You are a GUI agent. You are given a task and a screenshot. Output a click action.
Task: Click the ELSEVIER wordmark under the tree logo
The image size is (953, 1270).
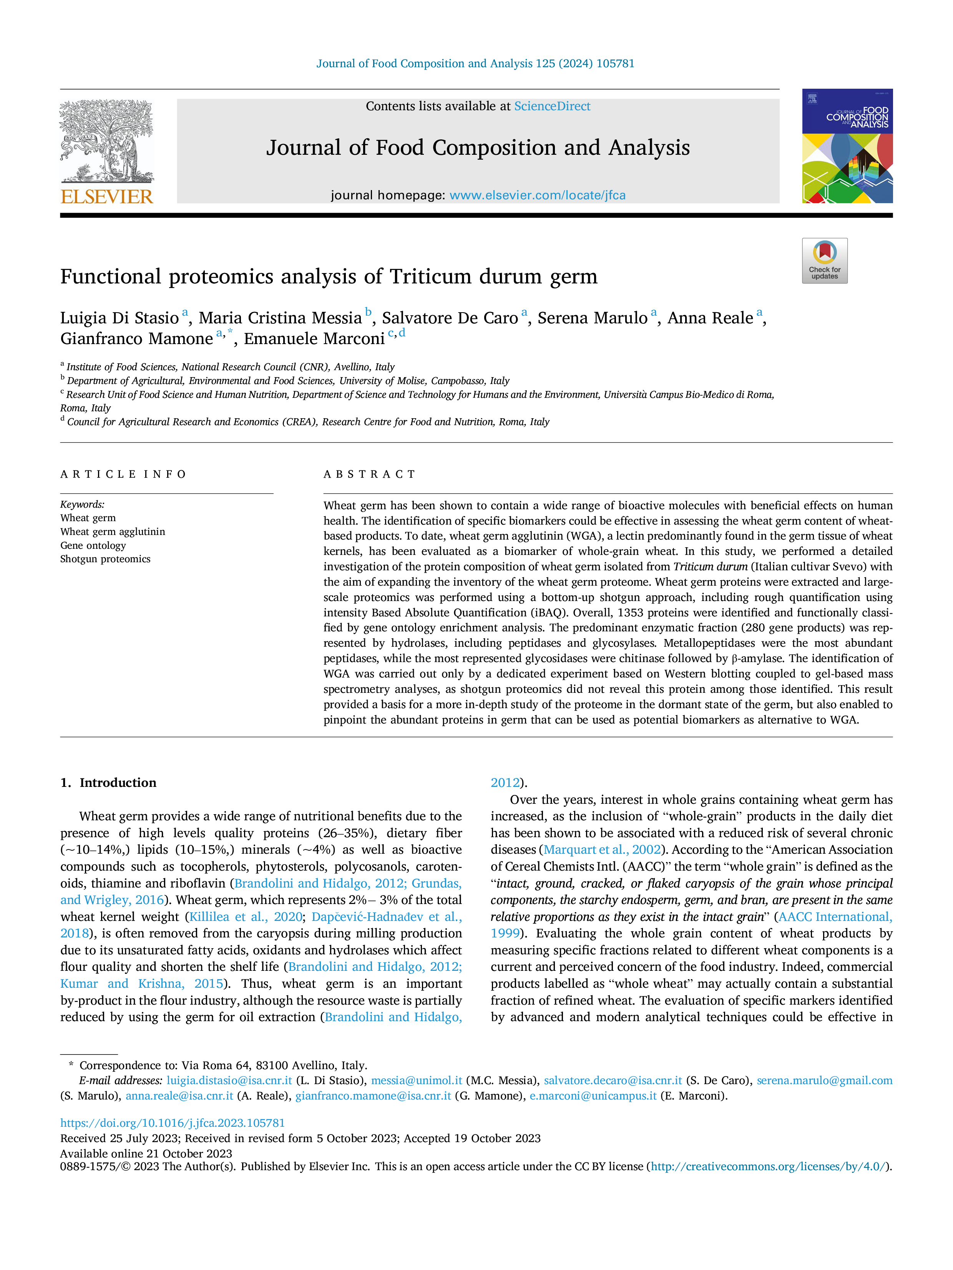point(107,197)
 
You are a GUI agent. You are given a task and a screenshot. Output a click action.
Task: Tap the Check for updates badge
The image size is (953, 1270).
point(824,261)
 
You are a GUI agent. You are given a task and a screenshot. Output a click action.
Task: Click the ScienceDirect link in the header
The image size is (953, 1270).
point(552,106)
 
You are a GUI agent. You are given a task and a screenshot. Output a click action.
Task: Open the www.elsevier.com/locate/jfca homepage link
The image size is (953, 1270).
point(537,195)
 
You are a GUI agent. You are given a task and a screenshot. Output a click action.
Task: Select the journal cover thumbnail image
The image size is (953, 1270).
point(847,146)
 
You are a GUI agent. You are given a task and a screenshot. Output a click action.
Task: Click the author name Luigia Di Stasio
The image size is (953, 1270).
point(120,318)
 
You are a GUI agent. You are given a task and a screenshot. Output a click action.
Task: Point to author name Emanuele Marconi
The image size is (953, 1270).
point(314,339)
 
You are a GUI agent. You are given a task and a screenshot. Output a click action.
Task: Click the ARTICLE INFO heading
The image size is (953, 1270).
point(123,474)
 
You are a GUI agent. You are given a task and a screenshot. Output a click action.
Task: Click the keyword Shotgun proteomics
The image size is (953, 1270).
point(105,559)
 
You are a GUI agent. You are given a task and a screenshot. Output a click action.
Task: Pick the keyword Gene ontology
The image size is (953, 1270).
point(93,545)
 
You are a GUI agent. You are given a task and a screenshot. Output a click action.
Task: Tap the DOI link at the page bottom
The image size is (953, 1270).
point(172,1123)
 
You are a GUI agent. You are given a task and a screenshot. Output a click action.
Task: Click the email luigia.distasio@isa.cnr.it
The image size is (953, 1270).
point(229,1081)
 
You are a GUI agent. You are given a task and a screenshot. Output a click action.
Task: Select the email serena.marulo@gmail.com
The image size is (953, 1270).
point(824,1081)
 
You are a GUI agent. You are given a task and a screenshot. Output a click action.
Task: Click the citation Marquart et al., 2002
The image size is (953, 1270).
point(602,850)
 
